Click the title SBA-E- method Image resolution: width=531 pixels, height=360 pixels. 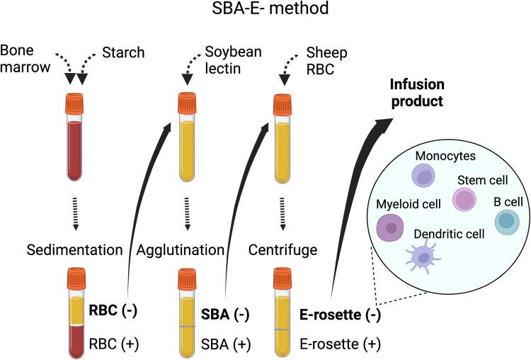click(265, 11)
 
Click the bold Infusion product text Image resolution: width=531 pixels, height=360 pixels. click(418, 92)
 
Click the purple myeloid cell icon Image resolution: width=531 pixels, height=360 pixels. click(389, 227)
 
